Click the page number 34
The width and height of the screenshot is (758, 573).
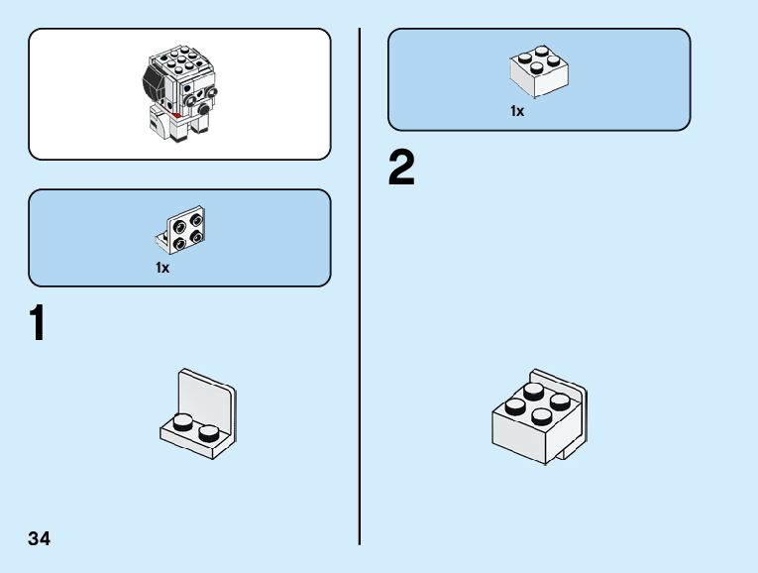click(x=40, y=539)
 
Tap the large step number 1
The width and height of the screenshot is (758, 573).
click(x=38, y=324)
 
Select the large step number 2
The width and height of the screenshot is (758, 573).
click(x=401, y=169)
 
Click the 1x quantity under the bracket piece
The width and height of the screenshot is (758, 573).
click(x=162, y=268)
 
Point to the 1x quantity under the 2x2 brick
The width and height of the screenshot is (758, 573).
click(x=517, y=111)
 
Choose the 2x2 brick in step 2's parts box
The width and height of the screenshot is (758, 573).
click(x=538, y=70)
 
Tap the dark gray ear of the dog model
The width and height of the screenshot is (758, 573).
click(x=154, y=79)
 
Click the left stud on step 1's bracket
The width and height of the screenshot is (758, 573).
click(x=183, y=420)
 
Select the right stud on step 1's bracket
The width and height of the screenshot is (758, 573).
click(x=209, y=431)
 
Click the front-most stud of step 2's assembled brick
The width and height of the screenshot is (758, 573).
click(x=541, y=416)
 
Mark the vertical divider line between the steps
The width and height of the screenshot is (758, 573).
click(x=359, y=287)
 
